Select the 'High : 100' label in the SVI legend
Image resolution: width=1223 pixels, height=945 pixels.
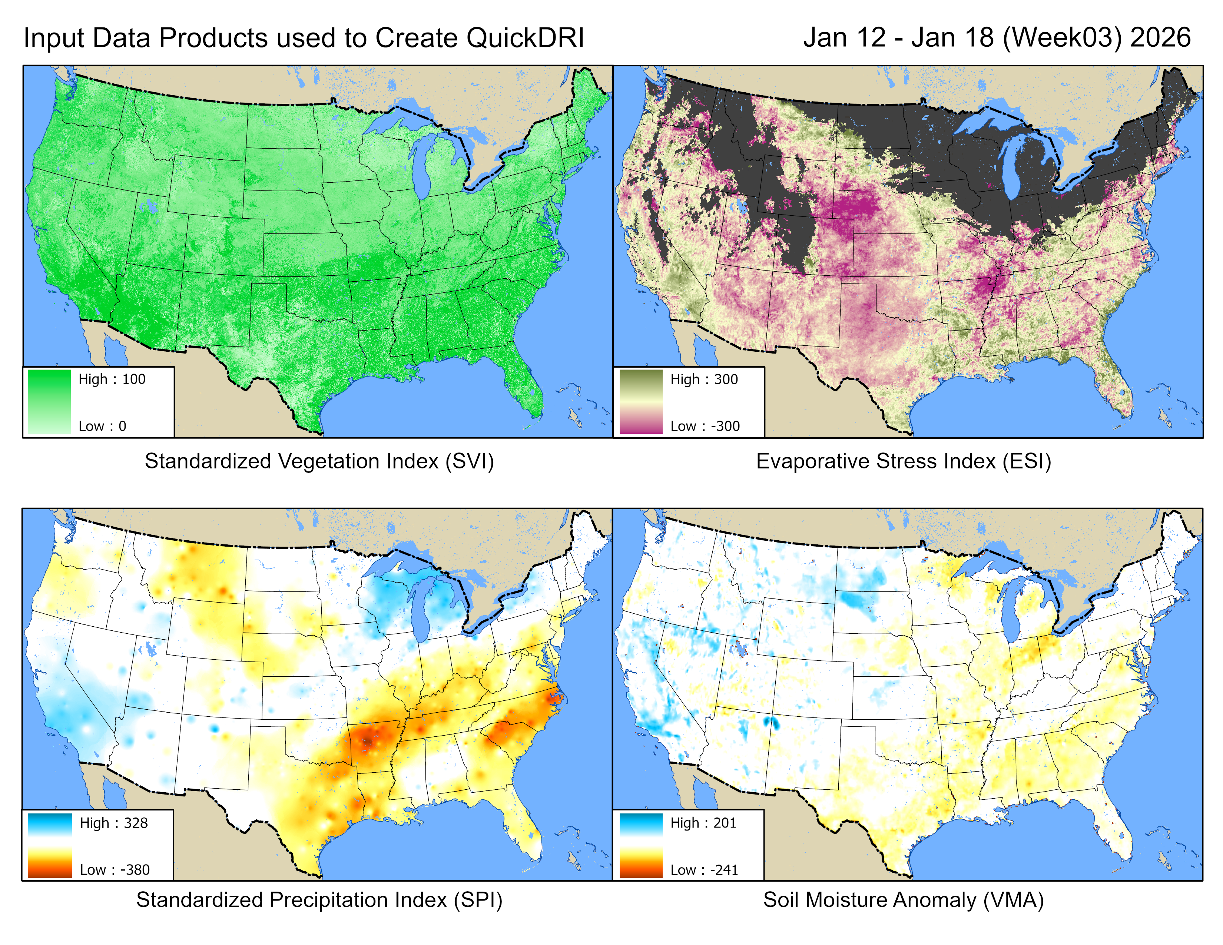click(112, 379)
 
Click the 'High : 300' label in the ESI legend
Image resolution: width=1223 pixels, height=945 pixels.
click(704, 379)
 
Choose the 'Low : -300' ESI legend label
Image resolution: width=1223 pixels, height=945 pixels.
click(705, 426)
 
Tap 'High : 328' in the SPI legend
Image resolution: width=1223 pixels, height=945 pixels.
click(114, 823)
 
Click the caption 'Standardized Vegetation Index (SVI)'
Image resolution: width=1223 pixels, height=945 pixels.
click(319, 461)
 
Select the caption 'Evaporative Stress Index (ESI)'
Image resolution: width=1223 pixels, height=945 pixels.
click(903, 461)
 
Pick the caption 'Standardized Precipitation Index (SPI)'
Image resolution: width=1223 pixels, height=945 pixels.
click(319, 900)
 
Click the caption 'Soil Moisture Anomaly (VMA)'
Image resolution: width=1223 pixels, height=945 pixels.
click(903, 900)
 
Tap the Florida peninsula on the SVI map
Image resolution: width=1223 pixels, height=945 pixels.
click(526, 386)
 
